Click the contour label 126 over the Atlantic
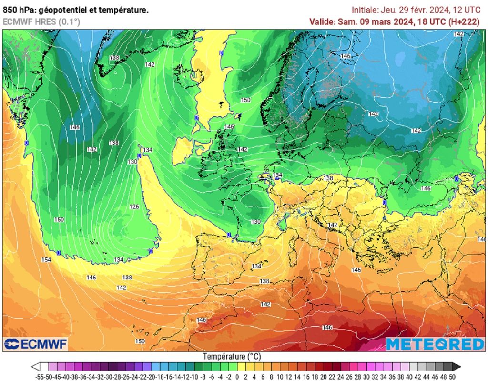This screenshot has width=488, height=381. click(134, 207)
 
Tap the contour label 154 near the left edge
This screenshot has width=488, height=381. click(46, 259)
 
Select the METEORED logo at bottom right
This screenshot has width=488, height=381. click(434, 344)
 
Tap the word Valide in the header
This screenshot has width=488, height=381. click(322, 21)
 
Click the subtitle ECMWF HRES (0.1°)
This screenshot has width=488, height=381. click(41, 21)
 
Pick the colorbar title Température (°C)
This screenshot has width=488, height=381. click(232, 356)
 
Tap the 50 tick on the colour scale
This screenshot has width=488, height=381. click(452, 377)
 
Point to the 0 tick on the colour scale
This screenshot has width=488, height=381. click(238, 377)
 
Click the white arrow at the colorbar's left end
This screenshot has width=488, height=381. click(35, 367)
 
